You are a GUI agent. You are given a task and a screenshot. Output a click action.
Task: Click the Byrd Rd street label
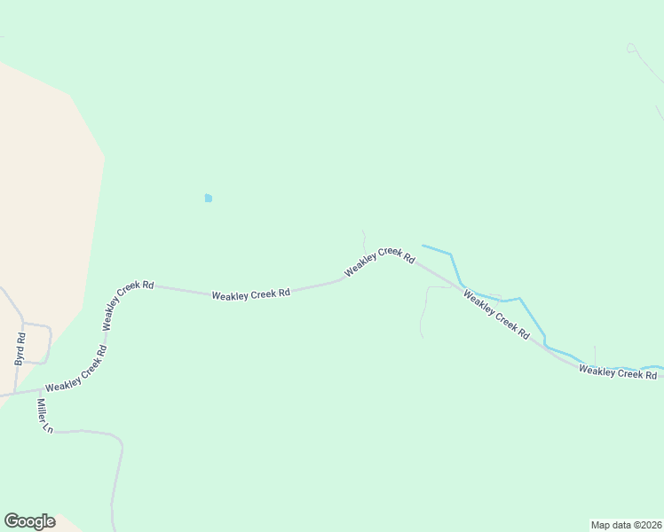(20, 349)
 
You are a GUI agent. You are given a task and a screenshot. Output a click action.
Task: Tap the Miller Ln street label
(44, 415)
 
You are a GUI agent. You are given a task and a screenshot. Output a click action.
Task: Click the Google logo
(29, 521)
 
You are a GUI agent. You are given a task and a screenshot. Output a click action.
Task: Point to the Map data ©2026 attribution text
(626, 524)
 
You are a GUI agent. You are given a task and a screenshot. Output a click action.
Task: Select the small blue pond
(208, 198)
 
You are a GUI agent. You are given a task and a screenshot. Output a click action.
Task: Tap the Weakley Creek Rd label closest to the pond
(251, 293)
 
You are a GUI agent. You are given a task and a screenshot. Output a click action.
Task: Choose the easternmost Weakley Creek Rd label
(618, 372)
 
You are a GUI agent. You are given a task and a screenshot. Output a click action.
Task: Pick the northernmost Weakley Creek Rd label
(380, 262)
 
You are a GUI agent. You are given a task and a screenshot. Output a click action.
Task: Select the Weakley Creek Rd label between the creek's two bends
(496, 315)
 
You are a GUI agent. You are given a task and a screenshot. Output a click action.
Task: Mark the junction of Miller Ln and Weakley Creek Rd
(38, 389)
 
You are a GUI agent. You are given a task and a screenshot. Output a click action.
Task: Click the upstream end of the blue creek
(423, 246)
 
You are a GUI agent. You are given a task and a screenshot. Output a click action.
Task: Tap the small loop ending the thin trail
(631, 47)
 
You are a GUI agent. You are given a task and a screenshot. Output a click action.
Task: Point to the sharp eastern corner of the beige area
(105, 158)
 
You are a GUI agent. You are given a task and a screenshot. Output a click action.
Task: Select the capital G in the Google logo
(12, 520)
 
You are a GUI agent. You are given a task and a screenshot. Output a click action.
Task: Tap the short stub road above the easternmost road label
(595, 355)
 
